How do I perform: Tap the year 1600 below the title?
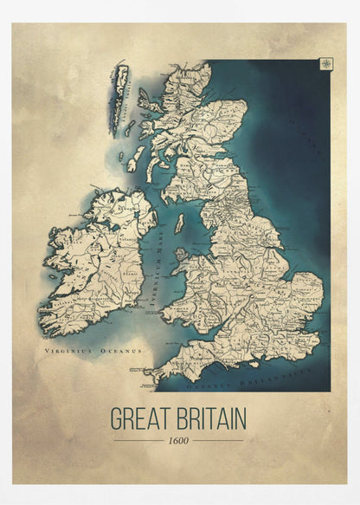coord(179,441)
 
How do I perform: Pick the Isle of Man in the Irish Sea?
coord(179,223)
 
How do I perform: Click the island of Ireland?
coord(95,260)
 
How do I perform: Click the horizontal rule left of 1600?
coord(139,441)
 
